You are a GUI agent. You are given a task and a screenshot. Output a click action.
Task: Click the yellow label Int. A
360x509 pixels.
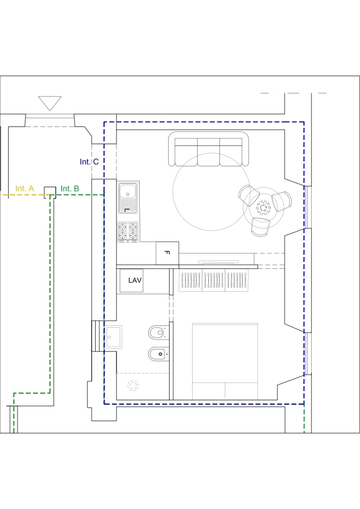(x=25, y=189)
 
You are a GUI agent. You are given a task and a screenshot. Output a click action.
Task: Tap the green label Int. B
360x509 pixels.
(x=70, y=189)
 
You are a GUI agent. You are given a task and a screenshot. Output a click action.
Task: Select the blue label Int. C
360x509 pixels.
(x=89, y=161)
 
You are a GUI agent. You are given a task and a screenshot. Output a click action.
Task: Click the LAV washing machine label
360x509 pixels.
(x=135, y=280)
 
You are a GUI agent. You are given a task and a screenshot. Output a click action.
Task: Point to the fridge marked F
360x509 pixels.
(x=167, y=253)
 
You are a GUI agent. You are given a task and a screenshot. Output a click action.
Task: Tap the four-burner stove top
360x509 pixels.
(x=128, y=232)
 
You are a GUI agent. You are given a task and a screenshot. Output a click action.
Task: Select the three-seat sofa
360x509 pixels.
(x=209, y=149)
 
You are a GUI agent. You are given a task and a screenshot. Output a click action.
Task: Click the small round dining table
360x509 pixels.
(x=263, y=207)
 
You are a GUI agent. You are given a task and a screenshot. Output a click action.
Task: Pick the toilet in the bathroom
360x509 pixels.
(x=159, y=333)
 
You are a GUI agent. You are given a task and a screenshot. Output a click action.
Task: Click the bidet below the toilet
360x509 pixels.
(x=159, y=354)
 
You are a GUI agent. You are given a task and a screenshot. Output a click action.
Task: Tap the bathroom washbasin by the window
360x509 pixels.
(x=114, y=337)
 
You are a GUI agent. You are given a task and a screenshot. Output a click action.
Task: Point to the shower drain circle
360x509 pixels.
(x=133, y=385)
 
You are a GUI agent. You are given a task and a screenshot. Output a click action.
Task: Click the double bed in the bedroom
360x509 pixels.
(x=225, y=361)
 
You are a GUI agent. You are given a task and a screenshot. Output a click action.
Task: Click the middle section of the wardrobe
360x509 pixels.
(x=213, y=280)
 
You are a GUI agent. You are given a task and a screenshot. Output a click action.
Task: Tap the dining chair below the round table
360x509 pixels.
(x=260, y=226)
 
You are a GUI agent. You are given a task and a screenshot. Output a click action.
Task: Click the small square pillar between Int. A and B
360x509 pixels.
(x=49, y=192)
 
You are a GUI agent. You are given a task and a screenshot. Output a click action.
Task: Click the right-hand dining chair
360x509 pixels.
(x=282, y=201)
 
